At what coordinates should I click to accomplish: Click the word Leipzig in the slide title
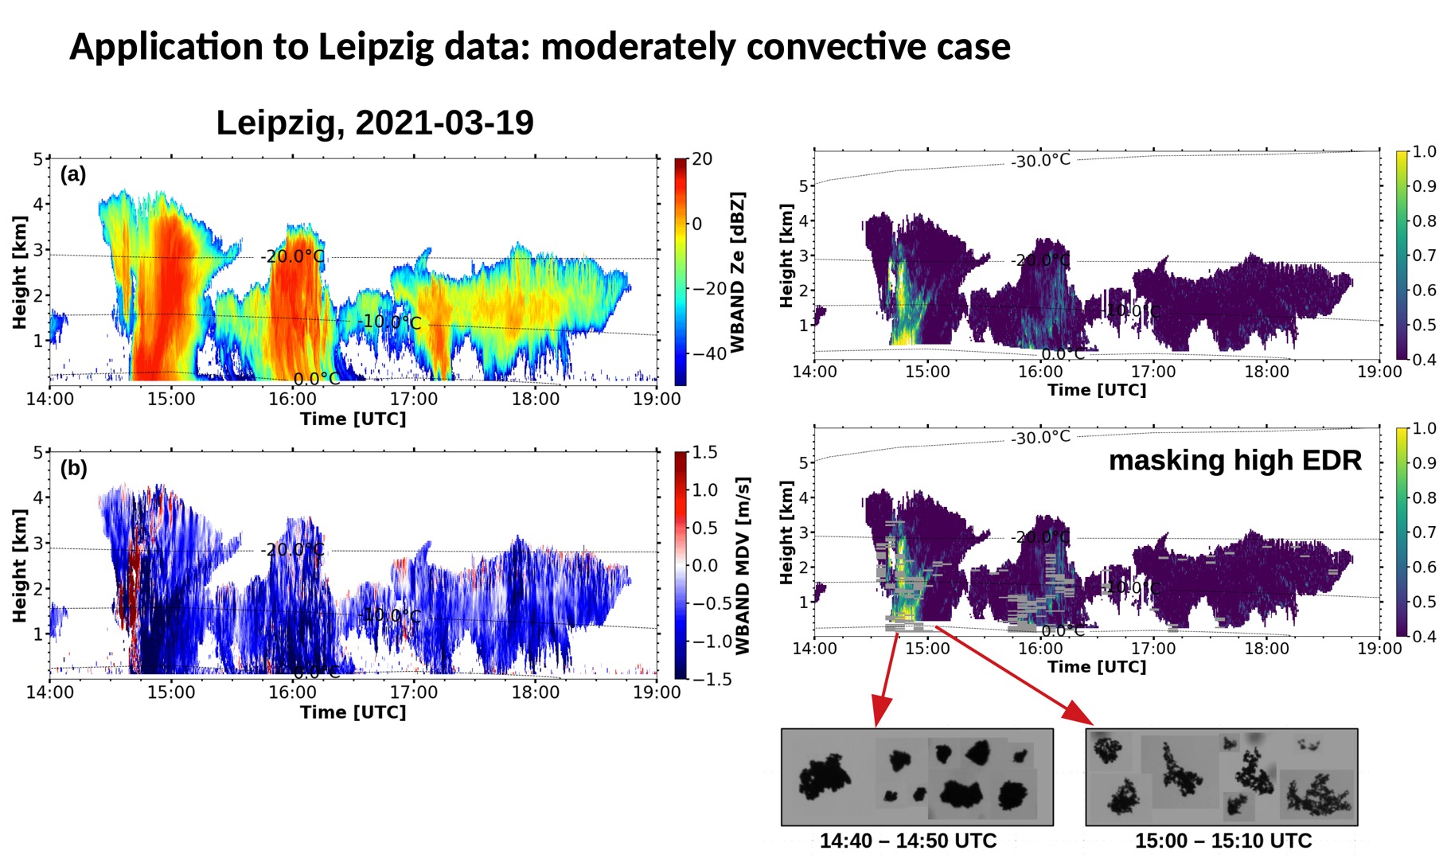376,48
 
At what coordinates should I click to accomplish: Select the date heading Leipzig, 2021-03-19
375,123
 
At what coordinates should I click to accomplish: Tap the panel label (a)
73,174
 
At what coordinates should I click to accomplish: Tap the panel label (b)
73,468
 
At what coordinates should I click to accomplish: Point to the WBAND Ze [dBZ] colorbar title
738,272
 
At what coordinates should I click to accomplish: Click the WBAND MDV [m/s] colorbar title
742,566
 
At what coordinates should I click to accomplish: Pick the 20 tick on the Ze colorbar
702,159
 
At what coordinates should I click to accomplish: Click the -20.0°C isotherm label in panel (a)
293,256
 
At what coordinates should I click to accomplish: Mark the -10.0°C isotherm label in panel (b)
390,616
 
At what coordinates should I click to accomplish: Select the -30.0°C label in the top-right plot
1041,161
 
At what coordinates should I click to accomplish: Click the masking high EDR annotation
1234,461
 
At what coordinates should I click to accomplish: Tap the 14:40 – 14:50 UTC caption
908,841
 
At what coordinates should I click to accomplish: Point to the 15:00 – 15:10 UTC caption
1223,841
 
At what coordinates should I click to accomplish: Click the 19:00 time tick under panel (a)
657,400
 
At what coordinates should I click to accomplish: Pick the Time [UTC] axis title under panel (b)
353,712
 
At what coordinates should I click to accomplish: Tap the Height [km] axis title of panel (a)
19,272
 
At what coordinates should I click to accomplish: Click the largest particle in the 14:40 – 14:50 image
825,778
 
